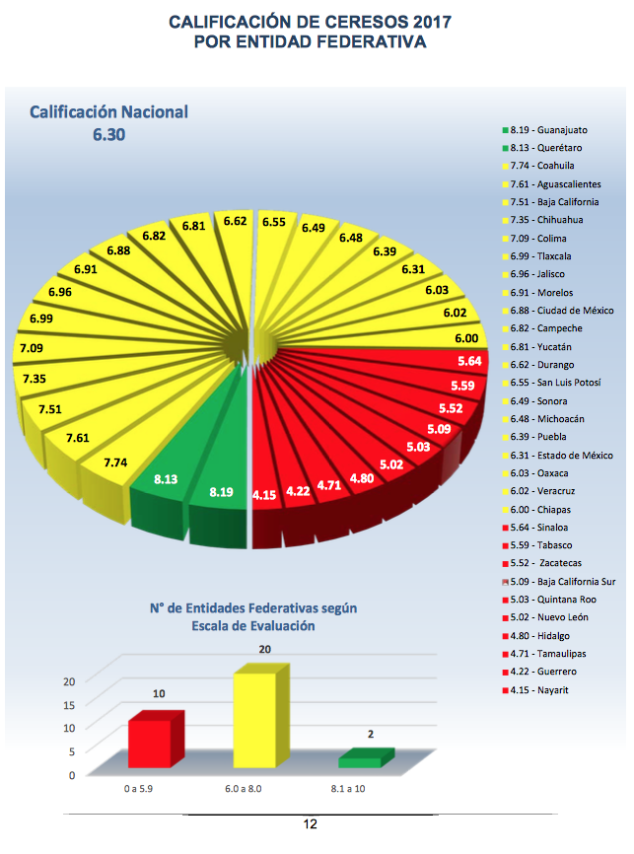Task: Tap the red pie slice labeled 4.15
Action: click(x=263, y=493)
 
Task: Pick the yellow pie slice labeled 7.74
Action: click(x=115, y=461)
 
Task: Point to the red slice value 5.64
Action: click(x=469, y=361)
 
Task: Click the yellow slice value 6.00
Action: click(x=468, y=338)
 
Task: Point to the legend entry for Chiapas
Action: click(x=543, y=509)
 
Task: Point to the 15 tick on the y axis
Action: click(x=69, y=704)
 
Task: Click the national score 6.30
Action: click(x=108, y=135)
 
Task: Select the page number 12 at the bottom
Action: click(x=311, y=824)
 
